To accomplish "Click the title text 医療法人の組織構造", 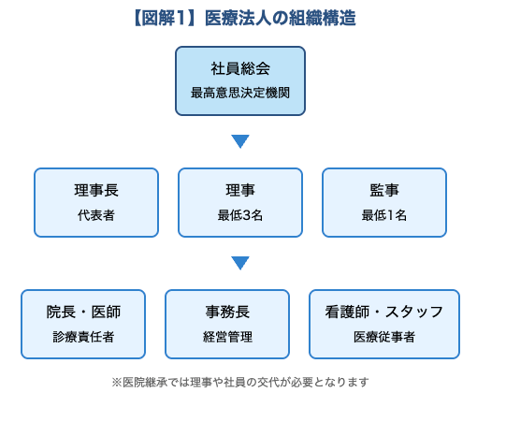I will coord(282,19).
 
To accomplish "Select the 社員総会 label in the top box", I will coord(240,69).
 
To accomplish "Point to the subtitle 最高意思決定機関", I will coord(240,93).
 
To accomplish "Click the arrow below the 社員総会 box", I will coord(240,141).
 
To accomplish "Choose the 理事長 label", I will coord(96,191).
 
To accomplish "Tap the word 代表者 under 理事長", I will coord(96,215).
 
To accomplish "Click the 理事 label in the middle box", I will coord(240,191).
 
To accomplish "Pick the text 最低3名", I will coord(240,215).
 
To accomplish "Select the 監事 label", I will coord(384,191).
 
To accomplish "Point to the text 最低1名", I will coord(384,215).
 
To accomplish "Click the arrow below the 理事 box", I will coord(240,263).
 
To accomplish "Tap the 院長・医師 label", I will coord(83,313).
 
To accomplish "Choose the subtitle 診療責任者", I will coord(83,337).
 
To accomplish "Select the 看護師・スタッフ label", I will coord(384,313).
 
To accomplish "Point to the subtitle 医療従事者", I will coord(384,337).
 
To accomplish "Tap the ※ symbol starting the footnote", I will coord(117,382).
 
